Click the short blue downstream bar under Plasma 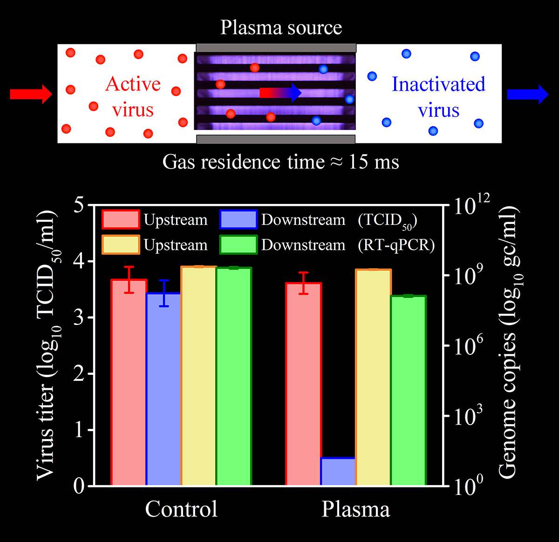pyautogui.click(x=338, y=472)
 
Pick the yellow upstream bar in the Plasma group pyautogui.click(x=373, y=377)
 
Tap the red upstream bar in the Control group pyautogui.click(x=129, y=382)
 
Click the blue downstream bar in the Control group pyautogui.click(x=164, y=389)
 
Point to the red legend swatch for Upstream pyautogui.click(x=121, y=220)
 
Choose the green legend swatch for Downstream pyautogui.click(x=239, y=245)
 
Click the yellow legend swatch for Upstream pyautogui.click(x=121, y=245)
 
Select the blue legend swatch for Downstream pyautogui.click(x=239, y=220)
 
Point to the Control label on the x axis pyautogui.click(x=181, y=509)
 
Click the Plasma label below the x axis pyautogui.click(x=355, y=509)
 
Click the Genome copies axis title pyautogui.click(x=508, y=342)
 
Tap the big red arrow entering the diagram pyautogui.click(x=31, y=94)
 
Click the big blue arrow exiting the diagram pyautogui.click(x=527, y=94)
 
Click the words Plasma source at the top pyautogui.click(x=281, y=28)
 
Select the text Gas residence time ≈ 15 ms pyautogui.click(x=280, y=162)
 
